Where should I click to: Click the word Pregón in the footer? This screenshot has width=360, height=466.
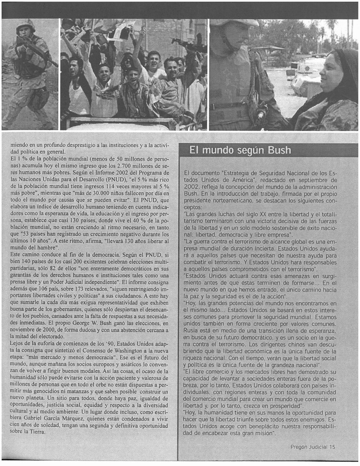pos(300,446)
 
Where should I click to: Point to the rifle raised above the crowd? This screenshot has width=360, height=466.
pos(188,45)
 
